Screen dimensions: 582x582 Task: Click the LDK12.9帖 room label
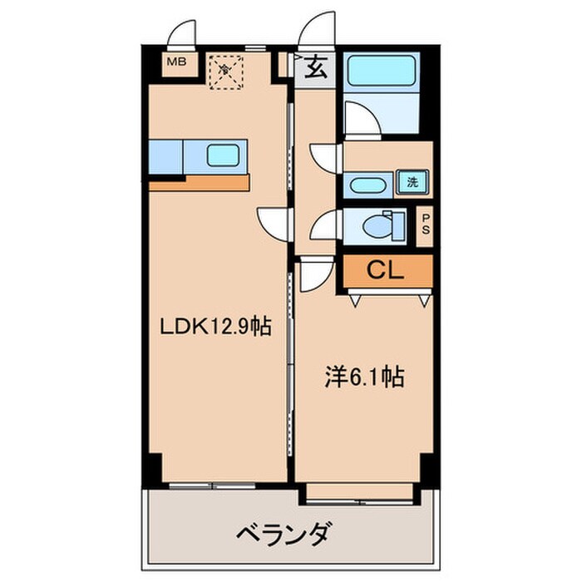coord(215,327)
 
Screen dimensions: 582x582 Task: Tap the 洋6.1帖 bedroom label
coord(363,378)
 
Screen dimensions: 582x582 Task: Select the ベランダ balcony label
coord(287,533)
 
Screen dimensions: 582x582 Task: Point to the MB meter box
coord(176,62)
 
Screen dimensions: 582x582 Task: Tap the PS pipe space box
coord(425,224)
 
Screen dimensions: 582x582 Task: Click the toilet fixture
coord(380,224)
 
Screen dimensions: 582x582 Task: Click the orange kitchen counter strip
coord(199,182)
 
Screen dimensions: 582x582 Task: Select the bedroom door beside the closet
coord(314,274)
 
